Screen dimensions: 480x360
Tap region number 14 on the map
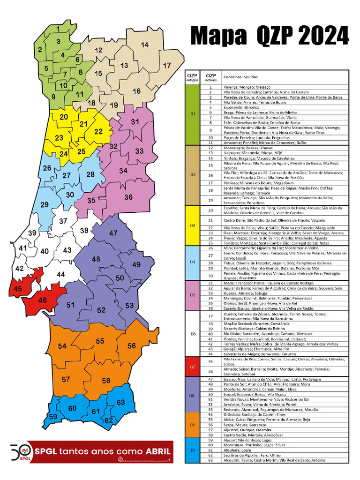(x=144, y=45)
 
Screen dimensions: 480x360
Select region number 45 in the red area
(x=18, y=289)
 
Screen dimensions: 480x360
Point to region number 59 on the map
(x=53, y=417)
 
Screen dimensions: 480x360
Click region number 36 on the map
(x=128, y=197)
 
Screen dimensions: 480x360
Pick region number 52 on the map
(x=101, y=310)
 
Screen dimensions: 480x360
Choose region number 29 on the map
(x=45, y=205)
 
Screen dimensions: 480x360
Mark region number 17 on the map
(x=167, y=65)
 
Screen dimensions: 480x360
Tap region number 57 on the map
(x=66, y=379)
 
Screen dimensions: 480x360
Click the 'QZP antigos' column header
(x=192, y=77)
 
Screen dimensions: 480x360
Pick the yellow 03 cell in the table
(x=192, y=225)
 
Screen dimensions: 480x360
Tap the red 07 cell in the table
(x=192, y=367)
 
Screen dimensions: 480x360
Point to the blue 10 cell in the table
(x=192, y=450)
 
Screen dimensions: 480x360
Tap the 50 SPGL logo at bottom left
(x=20, y=452)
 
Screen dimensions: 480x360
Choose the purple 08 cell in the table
(x=192, y=395)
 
